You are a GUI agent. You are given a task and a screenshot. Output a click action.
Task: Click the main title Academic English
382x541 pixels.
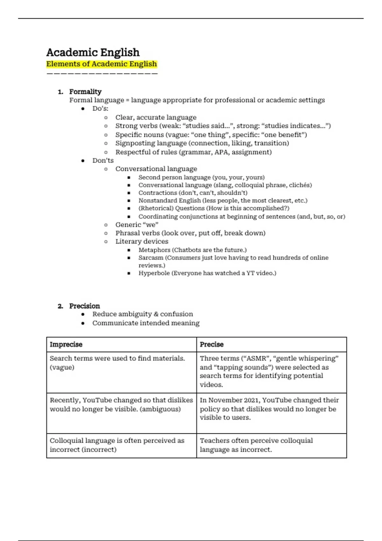tap(93, 52)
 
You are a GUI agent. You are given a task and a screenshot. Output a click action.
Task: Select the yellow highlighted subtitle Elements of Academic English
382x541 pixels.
tap(102, 64)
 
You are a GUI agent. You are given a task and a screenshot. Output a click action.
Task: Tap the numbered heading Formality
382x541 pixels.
tap(85, 92)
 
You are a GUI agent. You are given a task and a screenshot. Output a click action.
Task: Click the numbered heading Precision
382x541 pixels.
tap(85, 306)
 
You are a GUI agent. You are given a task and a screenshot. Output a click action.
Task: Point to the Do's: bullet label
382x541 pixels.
tap(100, 109)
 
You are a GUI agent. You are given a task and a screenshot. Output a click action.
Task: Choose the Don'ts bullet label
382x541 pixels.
tap(103, 160)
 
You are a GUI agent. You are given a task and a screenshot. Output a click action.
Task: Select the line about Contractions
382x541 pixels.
tap(193, 193)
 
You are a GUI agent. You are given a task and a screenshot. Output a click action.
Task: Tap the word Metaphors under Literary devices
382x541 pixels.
tap(154, 250)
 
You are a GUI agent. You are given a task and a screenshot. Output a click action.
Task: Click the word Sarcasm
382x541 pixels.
tap(151, 258)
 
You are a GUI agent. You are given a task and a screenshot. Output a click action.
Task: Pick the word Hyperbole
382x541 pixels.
tap(154, 273)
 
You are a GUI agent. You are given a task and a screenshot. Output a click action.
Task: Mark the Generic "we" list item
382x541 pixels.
tap(137, 225)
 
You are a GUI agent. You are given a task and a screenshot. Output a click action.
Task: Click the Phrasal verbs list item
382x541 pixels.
tap(190, 233)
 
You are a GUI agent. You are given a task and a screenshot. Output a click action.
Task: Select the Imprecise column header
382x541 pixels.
tap(66, 344)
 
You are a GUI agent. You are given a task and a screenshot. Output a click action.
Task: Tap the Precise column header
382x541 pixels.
tap(212, 344)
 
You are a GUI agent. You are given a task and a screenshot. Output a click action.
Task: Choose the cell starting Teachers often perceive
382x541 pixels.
tap(256, 445)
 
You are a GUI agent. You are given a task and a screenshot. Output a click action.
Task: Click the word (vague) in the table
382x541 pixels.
tap(62, 367)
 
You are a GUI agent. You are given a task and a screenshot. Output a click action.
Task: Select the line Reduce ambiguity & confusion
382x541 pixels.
tap(143, 314)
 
